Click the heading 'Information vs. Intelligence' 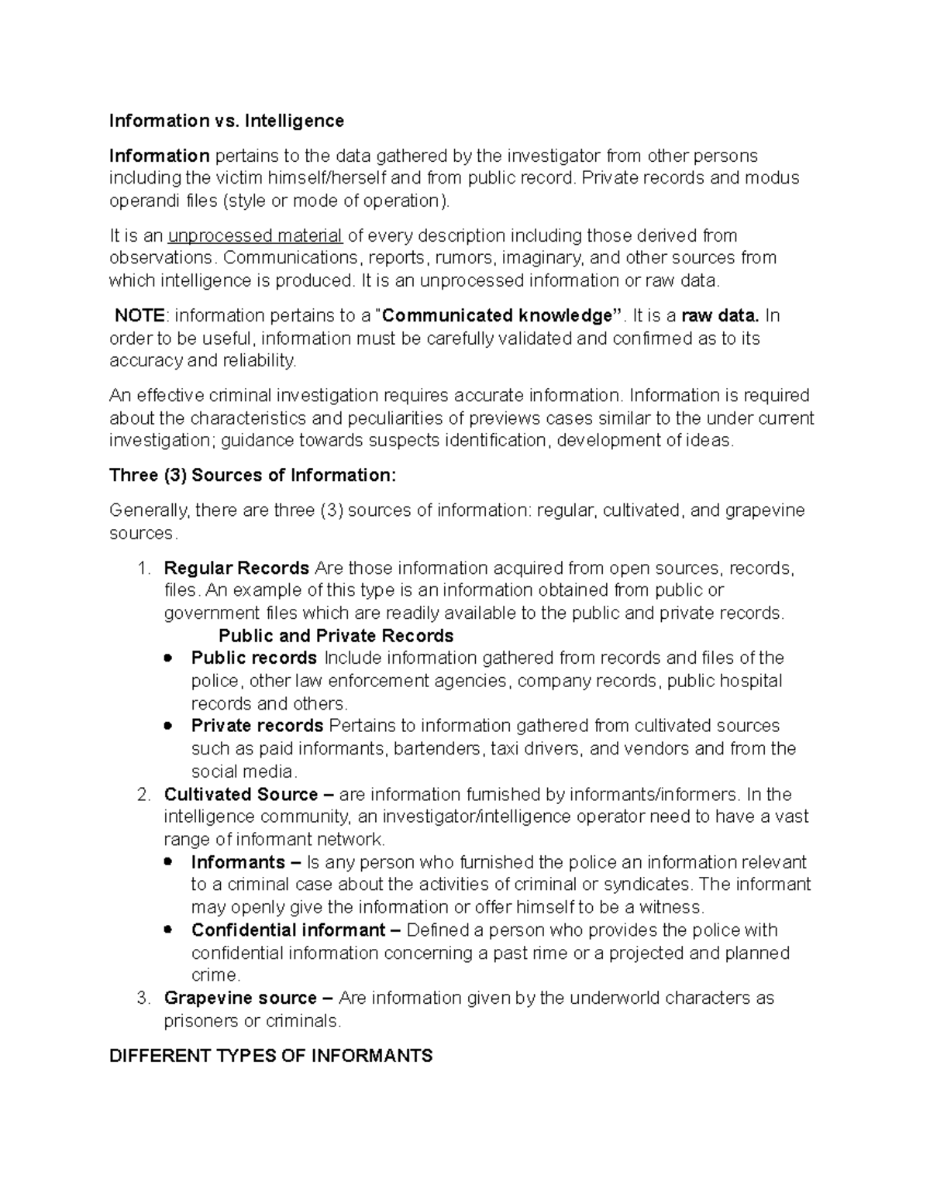click(226, 121)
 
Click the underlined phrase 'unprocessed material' click(255, 235)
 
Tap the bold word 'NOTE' click(139, 315)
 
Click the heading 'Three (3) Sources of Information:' click(253, 476)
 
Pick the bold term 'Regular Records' click(236, 569)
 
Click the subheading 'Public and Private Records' click(336, 636)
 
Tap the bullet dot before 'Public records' click(168, 658)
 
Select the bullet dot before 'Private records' click(168, 727)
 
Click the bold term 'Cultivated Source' click(241, 795)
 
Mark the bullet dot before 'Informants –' click(168, 862)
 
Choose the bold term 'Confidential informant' click(288, 930)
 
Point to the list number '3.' click(143, 998)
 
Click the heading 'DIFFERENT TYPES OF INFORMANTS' click(271, 1056)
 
